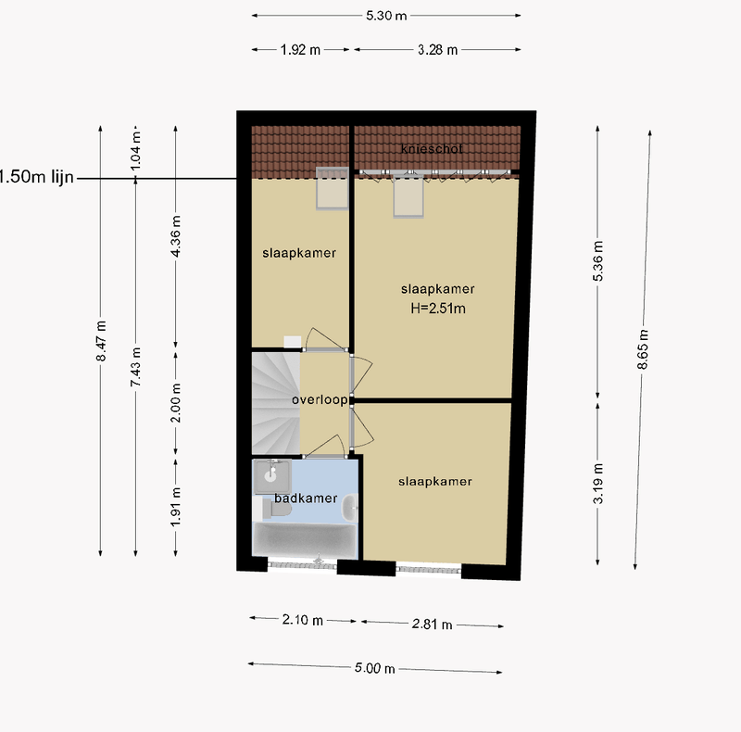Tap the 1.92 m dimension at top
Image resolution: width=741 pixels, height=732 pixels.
pos(300,50)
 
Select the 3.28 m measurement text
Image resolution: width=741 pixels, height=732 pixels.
pos(438,50)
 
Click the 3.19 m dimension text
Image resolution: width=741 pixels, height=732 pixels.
pos(598,483)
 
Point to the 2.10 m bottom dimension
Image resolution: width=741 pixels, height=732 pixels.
pos(304,620)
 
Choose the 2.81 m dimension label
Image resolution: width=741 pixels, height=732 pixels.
pos(433,625)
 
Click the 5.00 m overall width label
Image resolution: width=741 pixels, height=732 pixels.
pos(376,668)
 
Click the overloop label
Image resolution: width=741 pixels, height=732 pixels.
pos(319,400)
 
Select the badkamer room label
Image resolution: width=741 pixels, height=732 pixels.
pos(305,499)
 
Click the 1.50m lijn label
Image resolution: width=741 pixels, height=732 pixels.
pos(35,176)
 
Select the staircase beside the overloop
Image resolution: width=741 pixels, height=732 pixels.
pos(275,400)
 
